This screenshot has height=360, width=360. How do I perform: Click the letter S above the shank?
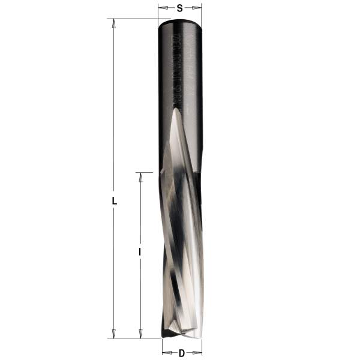pos(179,8)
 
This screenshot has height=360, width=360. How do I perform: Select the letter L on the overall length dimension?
pos(114,202)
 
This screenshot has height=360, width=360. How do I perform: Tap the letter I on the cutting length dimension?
pos(140,253)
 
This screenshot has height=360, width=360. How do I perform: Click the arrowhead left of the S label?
pos(161,8)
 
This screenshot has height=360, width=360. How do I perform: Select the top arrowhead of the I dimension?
pos(140,176)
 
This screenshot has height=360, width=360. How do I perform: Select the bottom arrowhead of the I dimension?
pos(140,334)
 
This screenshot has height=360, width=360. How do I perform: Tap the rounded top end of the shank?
pos(179,22)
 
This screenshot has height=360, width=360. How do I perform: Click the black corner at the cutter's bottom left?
pos(166,332)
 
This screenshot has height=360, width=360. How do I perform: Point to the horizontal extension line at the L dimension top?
pos(132,19)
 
